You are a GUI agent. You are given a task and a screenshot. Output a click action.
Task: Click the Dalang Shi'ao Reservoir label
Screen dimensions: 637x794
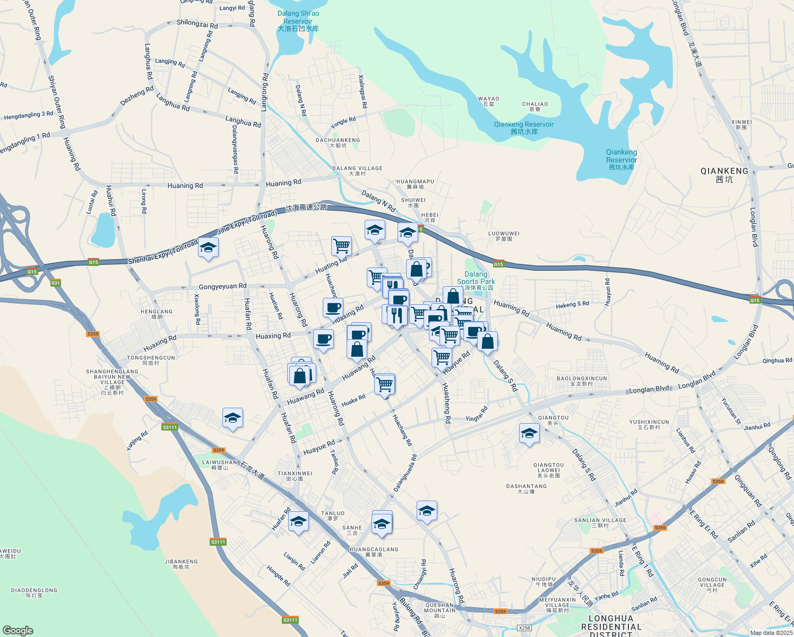tap(298, 21)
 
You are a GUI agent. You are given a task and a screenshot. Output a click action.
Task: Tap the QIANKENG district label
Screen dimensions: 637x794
tap(724, 175)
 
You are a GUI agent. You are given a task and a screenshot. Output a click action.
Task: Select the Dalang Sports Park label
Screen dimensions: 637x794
tap(476, 279)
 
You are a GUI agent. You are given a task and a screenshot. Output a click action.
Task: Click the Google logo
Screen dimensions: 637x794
tap(18, 630)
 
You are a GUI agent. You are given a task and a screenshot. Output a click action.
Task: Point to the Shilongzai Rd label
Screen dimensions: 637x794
tap(197, 24)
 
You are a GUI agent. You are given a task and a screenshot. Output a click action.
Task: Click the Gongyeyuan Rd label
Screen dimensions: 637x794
tap(222, 287)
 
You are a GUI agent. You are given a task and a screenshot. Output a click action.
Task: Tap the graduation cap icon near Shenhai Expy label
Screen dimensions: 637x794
tap(208, 248)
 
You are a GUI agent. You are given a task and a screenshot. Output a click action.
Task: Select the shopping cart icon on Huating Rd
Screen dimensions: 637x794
tap(341, 246)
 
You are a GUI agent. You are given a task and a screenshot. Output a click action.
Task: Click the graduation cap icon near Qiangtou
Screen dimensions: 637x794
tap(529, 434)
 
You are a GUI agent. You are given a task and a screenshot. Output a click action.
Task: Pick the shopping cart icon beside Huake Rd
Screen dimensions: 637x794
tap(385, 383)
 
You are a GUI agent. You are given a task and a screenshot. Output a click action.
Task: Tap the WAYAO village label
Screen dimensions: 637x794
tap(488, 101)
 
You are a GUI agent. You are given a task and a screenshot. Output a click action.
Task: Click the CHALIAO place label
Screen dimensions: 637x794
tap(534, 106)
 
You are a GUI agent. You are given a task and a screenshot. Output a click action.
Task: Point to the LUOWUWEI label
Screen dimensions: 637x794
tap(504, 236)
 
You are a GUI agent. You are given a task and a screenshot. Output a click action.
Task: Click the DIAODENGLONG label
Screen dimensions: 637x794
tap(34, 592)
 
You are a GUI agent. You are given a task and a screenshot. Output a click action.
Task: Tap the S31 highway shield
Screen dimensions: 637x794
tap(56, 283)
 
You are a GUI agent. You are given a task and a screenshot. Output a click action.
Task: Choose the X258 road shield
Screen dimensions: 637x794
tap(524, 628)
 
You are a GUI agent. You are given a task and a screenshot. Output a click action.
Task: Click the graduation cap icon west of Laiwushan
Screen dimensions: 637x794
tap(232, 418)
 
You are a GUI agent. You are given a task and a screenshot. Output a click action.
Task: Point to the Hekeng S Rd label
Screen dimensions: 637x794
tap(572, 305)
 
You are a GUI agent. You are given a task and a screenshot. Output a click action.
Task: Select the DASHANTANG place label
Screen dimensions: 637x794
tap(526, 488)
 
